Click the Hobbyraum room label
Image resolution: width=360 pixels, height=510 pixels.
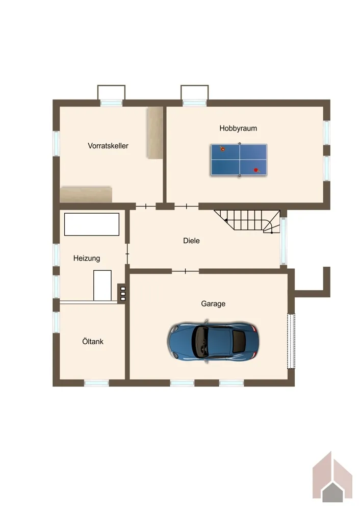click(238, 128)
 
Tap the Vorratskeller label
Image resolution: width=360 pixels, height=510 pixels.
click(108, 146)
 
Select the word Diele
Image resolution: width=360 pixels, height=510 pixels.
click(191, 241)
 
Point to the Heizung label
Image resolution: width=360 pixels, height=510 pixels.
click(87, 258)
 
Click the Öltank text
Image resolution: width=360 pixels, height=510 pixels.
click(93, 342)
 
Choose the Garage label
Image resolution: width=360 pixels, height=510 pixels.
click(213, 304)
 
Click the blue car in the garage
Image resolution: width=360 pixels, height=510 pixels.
click(213, 341)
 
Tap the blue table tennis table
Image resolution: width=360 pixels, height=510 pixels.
click(239, 160)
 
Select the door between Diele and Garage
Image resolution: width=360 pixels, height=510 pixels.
click(185, 271)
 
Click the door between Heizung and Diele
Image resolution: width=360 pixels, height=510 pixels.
click(127, 253)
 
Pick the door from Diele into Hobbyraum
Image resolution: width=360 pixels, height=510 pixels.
click(186, 206)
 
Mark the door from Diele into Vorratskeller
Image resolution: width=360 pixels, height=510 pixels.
click(146, 206)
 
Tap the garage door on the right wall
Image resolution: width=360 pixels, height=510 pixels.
click(291, 341)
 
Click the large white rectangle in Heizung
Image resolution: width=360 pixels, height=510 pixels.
click(92, 224)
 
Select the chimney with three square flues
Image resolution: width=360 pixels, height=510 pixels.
click(123, 294)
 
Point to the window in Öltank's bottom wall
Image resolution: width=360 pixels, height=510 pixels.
click(96, 384)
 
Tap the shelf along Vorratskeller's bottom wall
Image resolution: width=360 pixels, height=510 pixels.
click(86, 194)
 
